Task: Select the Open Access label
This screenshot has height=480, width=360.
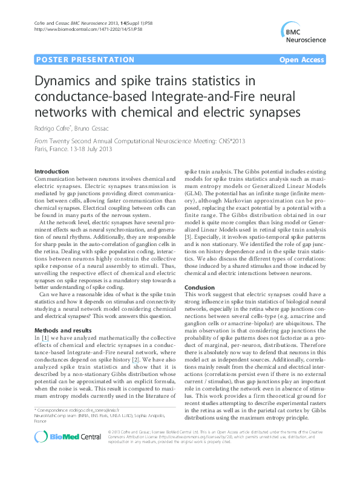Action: click(302, 60)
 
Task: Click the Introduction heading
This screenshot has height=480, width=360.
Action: click(51, 172)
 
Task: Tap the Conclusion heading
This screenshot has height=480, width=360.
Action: click(200, 288)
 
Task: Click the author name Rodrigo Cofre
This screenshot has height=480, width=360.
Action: click(51, 128)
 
